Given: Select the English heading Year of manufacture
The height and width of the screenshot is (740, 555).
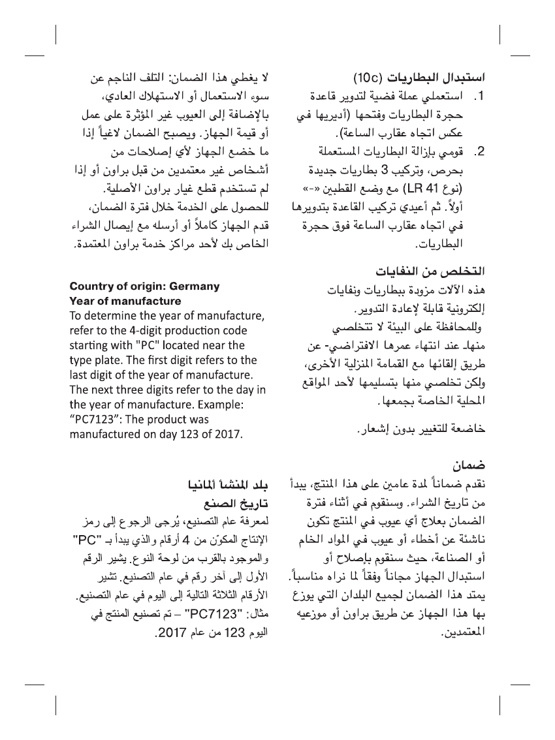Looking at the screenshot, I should (x=125, y=301).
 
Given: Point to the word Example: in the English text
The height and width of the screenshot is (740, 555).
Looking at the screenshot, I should (x=219, y=405).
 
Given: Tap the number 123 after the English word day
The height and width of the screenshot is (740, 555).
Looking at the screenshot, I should (x=187, y=433).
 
